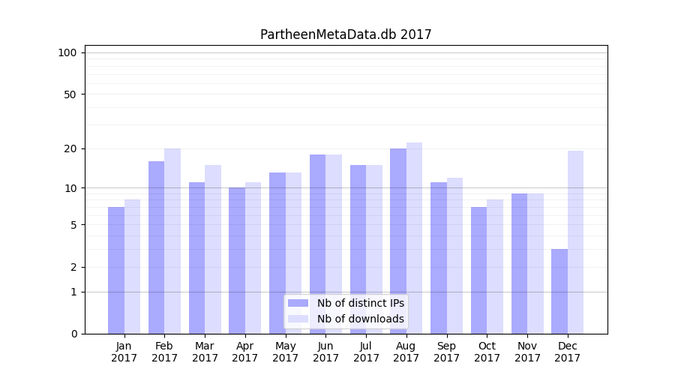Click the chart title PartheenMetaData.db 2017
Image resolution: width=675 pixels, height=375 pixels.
click(x=346, y=34)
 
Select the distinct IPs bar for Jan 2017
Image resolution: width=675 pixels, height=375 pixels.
click(x=116, y=270)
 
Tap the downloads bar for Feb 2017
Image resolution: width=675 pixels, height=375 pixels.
click(x=172, y=241)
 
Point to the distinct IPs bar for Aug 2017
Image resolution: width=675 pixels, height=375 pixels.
click(x=398, y=241)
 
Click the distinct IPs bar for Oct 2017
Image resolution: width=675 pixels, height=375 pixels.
click(x=479, y=270)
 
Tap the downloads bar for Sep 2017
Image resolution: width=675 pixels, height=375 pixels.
click(x=454, y=256)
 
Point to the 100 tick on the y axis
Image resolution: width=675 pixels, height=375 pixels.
click(x=67, y=52)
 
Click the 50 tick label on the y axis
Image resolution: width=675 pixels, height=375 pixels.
click(x=70, y=94)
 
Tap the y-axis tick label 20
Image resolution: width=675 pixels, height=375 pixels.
click(x=70, y=148)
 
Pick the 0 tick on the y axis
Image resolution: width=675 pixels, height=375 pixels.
click(x=73, y=334)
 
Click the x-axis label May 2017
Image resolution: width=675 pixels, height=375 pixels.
click(x=286, y=352)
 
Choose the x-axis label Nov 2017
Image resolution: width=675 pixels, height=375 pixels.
click(x=527, y=352)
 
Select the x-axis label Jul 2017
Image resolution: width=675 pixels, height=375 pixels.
click(x=366, y=352)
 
